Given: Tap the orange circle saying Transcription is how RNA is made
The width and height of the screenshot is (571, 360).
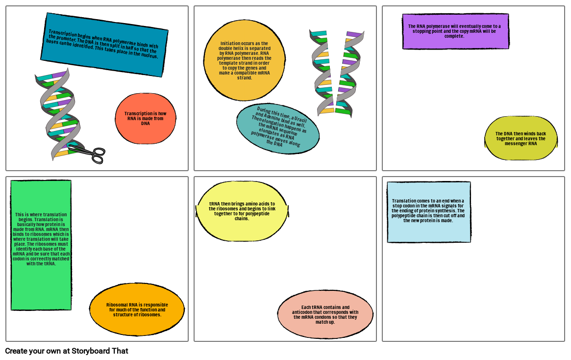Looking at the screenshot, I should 146,119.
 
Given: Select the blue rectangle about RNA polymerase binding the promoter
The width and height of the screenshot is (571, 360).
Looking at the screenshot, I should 104,45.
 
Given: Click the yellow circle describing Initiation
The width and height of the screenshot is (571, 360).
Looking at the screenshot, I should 244,60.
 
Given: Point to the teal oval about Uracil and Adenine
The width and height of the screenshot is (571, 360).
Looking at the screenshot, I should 278,128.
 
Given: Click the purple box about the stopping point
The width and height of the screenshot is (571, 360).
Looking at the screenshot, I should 455,31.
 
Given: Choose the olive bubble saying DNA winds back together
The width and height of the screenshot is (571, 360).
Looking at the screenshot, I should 521,138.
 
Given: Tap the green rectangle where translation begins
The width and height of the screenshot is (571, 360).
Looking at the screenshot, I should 41,245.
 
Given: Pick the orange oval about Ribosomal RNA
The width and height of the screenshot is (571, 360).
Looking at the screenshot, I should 137,309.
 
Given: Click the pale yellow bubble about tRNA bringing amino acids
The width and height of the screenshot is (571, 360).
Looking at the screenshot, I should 242,211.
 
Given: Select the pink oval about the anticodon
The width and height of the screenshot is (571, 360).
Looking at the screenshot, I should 325,314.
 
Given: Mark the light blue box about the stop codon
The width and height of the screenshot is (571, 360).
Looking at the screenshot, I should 429,212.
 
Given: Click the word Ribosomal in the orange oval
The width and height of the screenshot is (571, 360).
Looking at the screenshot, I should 118,305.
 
